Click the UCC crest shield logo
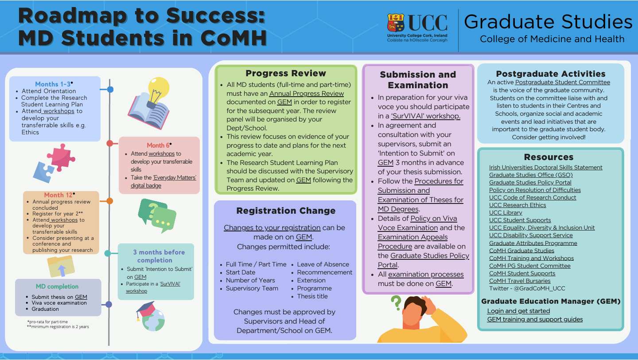coord(396,23)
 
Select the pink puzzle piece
coord(61,157)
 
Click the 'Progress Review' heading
coord(286,73)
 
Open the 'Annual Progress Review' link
coord(307,94)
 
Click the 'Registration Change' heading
coord(286,211)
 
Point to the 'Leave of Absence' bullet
coord(323,264)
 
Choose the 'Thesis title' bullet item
coord(312,296)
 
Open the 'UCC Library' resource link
coord(506,213)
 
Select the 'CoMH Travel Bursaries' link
coord(520,281)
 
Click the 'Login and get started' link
coord(518,311)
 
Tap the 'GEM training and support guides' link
coord(535,319)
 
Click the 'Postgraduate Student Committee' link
coord(563,82)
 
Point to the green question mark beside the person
coord(396,302)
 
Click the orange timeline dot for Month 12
coord(110,201)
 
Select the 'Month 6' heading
coord(158,145)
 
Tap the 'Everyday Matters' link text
coord(175,178)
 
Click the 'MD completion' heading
coord(57,286)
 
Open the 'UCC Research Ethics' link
coord(517,205)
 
